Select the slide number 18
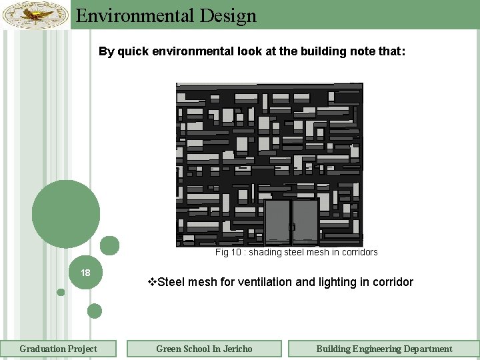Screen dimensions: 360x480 [x=85, y=273]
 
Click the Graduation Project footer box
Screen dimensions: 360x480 [x=58, y=349]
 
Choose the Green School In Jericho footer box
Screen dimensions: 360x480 [x=204, y=349]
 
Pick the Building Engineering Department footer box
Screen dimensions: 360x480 [x=384, y=349]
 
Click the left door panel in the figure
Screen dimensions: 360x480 [x=277, y=221]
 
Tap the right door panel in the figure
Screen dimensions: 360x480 [x=305, y=221]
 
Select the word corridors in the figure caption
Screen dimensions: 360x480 [x=359, y=253]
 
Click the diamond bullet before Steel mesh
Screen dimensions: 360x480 [x=151, y=282]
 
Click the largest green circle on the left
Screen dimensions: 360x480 [x=66, y=214]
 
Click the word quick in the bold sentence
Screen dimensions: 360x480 [x=134, y=51]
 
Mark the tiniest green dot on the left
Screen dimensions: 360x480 [x=61, y=292]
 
